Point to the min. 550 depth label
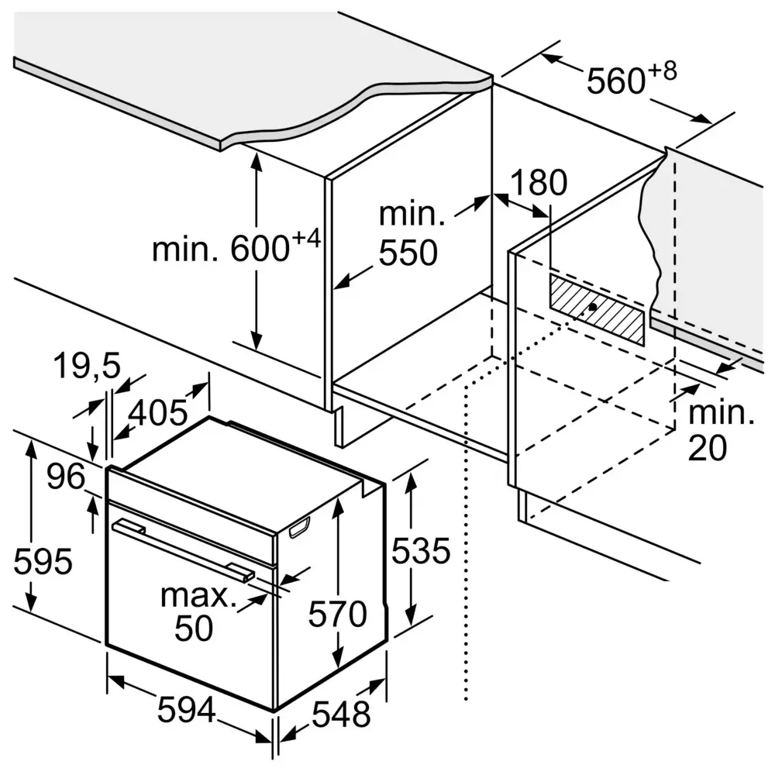[408, 234]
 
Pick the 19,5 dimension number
[87, 367]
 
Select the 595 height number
[43, 561]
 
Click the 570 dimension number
[336, 615]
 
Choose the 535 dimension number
[420, 551]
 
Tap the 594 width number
[185, 710]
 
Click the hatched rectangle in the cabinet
[597, 309]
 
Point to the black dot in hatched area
[593, 307]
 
